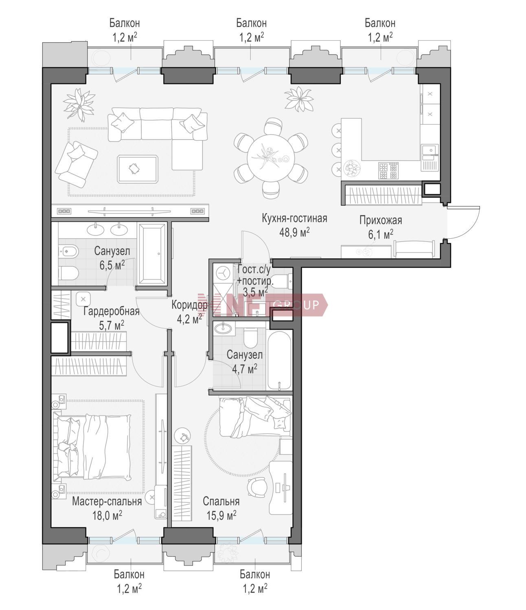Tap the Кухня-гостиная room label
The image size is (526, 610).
coord(294,219)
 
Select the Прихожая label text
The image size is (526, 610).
coord(381,220)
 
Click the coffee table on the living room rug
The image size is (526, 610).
coord(138,170)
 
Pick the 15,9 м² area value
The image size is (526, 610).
coord(221,516)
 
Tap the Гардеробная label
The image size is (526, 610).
coord(111,311)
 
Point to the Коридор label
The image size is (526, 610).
coord(189,305)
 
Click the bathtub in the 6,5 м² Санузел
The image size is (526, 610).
coord(152,254)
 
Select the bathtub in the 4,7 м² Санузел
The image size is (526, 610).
coord(279,360)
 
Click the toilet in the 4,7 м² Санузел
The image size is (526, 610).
coord(250,338)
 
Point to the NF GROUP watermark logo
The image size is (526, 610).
coord(263,305)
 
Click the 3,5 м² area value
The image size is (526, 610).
coord(255,292)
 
